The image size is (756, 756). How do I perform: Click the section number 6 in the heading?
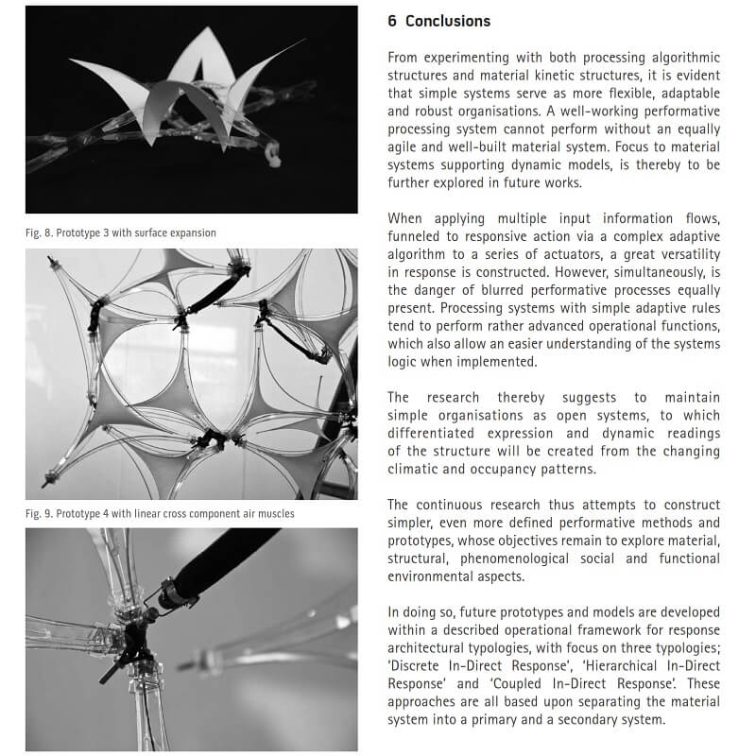393,21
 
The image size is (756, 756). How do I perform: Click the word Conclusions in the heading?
448,21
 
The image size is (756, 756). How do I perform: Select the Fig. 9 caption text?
160,514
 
